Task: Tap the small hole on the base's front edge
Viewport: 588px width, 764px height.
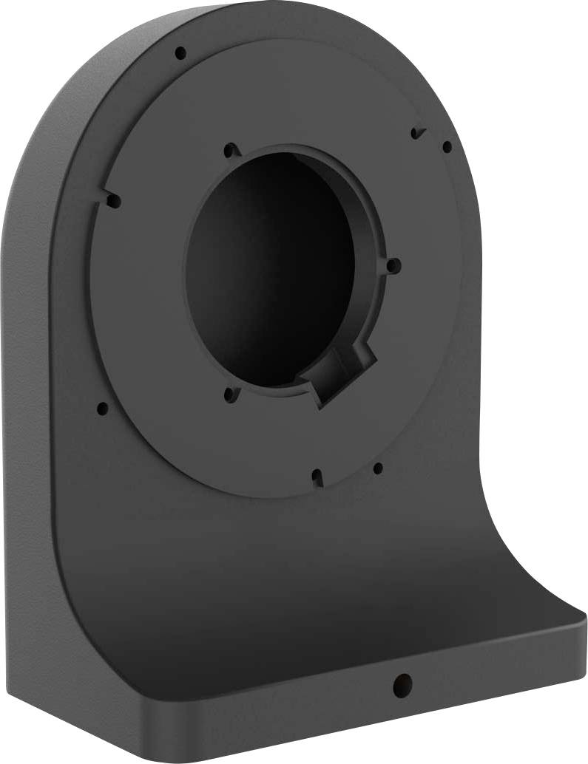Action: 402,683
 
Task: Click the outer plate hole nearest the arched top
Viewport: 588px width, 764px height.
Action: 180,53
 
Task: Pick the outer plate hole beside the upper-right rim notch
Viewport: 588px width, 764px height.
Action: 447,147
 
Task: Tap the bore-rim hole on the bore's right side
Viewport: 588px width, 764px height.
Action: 393,265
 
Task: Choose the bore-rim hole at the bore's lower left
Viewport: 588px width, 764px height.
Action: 230,396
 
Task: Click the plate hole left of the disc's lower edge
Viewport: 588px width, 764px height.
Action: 102,408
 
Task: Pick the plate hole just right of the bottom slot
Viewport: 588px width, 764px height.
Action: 378,468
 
